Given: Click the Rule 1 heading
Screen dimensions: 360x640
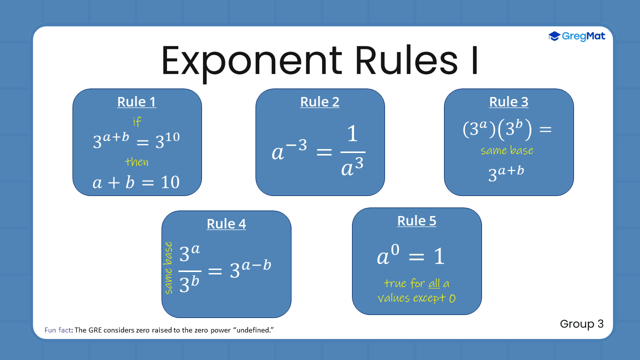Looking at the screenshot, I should click(x=136, y=102).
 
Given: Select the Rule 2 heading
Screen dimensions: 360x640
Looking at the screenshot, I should click(x=319, y=102).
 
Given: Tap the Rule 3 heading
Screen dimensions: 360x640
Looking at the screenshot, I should click(x=508, y=102).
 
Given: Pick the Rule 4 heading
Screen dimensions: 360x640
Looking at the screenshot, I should click(x=226, y=224).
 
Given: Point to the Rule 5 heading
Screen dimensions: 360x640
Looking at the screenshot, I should click(x=416, y=221).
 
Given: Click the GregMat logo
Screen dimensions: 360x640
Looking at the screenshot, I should click(x=576, y=36).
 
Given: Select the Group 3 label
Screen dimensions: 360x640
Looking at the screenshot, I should click(x=581, y=324).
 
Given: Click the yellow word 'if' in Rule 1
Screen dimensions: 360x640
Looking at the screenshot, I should click(x=137, y=122).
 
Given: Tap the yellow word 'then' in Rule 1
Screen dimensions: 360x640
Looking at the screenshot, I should click(x=136, y=162).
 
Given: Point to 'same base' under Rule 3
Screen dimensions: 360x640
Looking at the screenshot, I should click(x=506, y=150).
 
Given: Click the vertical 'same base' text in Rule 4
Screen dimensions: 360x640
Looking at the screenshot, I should click(x=168, y=268).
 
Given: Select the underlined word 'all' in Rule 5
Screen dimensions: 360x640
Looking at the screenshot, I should click(x=434, y=284).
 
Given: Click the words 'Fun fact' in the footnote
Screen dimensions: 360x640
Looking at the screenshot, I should click(x=58, y=330).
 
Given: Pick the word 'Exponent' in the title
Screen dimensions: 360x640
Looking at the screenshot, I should click(x=251, y=61).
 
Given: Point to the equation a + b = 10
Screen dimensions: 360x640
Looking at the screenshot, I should click(x=136, y=182).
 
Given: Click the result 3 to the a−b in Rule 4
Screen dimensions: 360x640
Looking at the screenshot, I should click(x=250, y=269).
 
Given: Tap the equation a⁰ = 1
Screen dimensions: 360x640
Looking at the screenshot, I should click(x=410, y=256).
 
